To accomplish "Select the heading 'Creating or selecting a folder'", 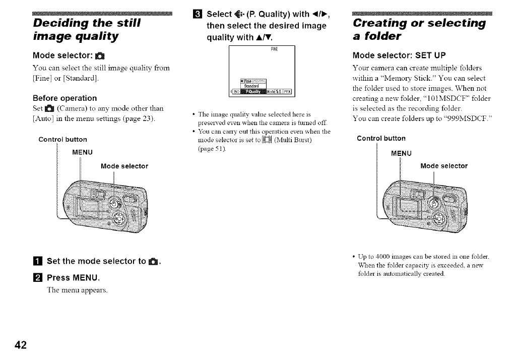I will coord(420,29).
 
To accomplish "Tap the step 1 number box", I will coord(38,261).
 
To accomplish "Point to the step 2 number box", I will coord(38,277).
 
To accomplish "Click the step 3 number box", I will coord(198,14).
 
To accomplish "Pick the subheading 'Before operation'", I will coord(65,98).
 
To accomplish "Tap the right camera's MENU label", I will coord(402,153).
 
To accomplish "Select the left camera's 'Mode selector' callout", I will coord(124,166).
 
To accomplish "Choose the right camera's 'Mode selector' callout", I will coord(444,166).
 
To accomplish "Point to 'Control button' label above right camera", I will coord(381,138).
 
